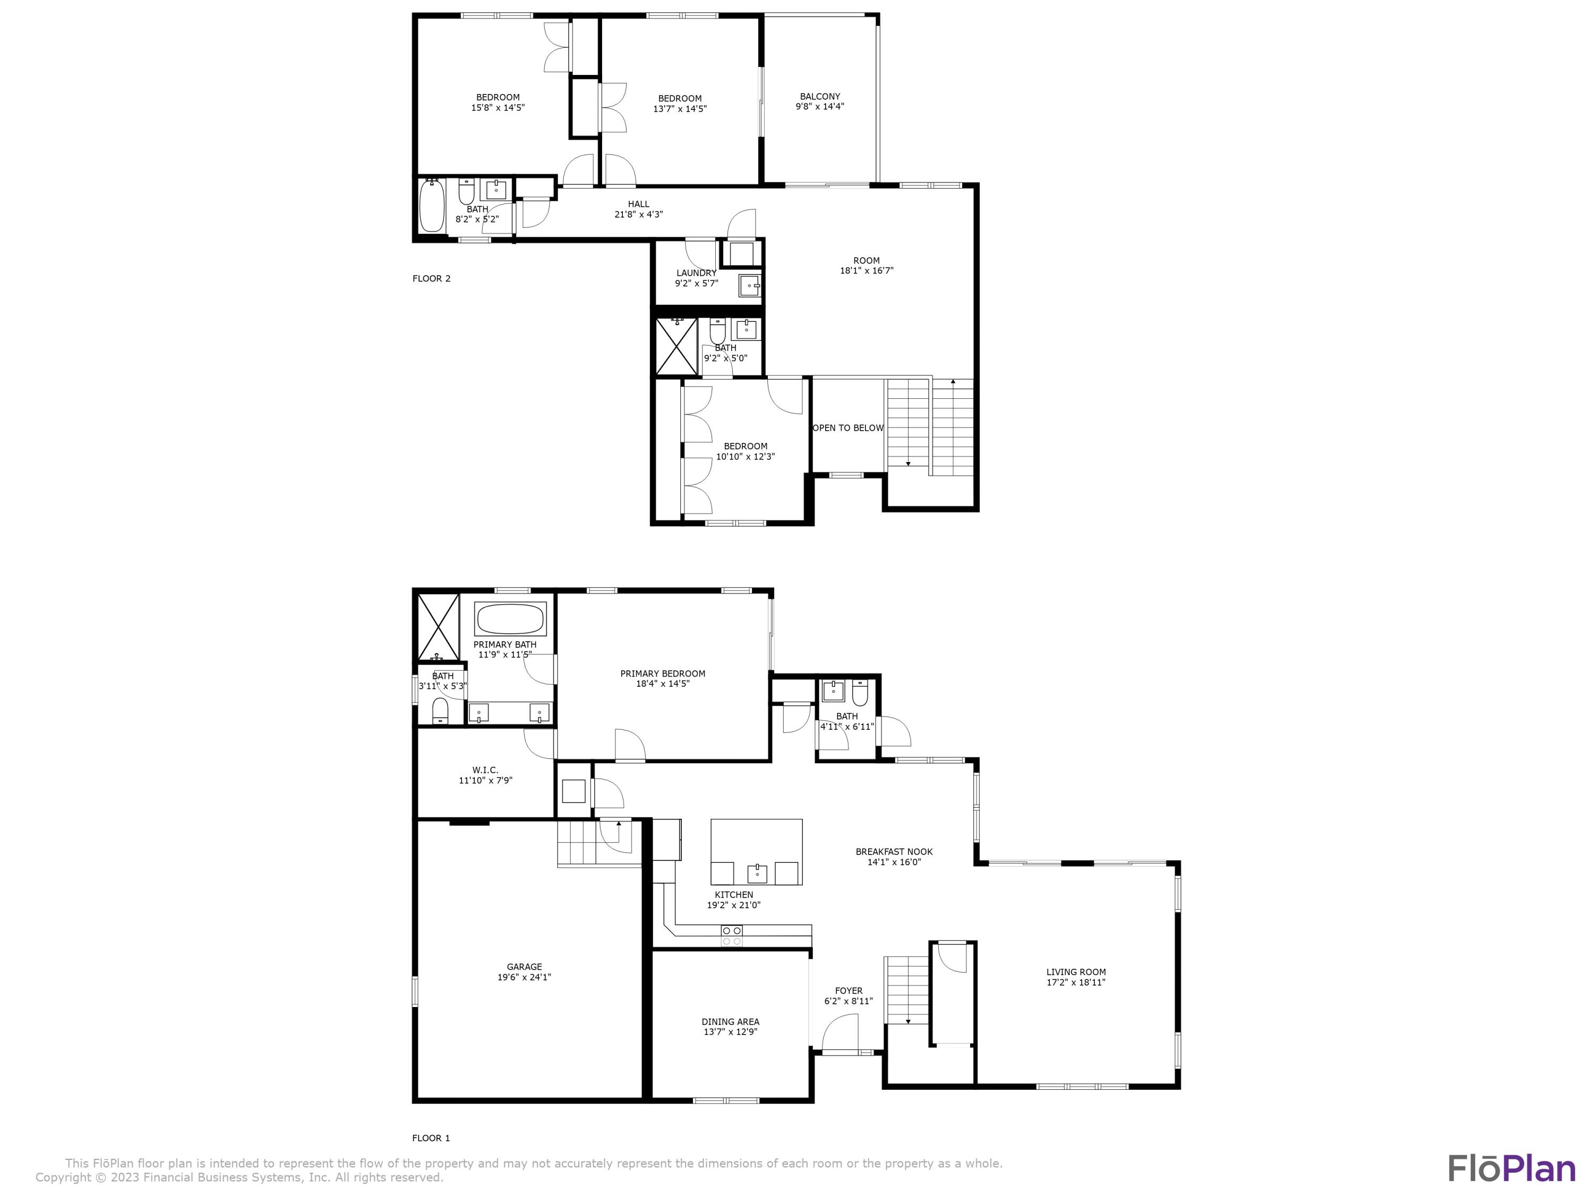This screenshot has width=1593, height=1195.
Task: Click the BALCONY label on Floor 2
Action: [819, 97]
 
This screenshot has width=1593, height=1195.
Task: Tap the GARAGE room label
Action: [524, 967]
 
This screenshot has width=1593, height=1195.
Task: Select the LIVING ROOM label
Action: [1076, 972]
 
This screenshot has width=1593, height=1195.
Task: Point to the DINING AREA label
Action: [730, 1021]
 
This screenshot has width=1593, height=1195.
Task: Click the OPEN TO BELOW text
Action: [847, 428]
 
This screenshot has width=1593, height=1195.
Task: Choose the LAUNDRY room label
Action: [696, 273]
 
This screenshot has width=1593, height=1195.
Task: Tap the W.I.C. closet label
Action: [485, 770]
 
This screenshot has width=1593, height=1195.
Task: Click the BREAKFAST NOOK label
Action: [894, 851]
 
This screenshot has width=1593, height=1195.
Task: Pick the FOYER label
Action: [849, 991]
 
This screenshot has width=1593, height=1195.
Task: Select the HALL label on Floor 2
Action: [638, 204]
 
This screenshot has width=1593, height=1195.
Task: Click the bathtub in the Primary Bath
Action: [510, 619]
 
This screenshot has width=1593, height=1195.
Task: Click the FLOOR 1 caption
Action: [431, 1138]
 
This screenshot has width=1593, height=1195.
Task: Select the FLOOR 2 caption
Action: [431, 279]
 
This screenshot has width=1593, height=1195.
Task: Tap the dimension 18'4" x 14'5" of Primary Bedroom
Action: [663, 684]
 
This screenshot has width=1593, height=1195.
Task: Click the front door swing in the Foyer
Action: [840, 1032]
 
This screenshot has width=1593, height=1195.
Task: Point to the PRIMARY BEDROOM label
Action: [663, 673]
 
